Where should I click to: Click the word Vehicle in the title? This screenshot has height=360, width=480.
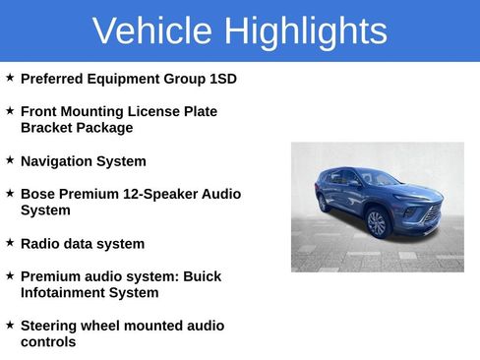click(x=152, y=31)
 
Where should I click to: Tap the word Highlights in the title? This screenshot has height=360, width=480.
click(x=305, y=31)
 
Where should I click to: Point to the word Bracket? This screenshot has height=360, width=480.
click(x=47, y=128)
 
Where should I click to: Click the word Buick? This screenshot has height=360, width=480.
click(x=201, y=276)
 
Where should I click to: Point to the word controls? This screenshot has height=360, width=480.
click(x=48, y=342)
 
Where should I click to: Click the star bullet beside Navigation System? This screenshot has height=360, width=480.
click(x=10, y=159)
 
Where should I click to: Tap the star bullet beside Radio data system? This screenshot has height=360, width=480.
click(x=10, y=242)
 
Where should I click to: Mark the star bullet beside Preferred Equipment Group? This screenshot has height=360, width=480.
click(x=10, y=77)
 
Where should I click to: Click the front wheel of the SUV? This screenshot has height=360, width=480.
click(x=377, y=223)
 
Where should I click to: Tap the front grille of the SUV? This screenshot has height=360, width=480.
click(x=430, y=214)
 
